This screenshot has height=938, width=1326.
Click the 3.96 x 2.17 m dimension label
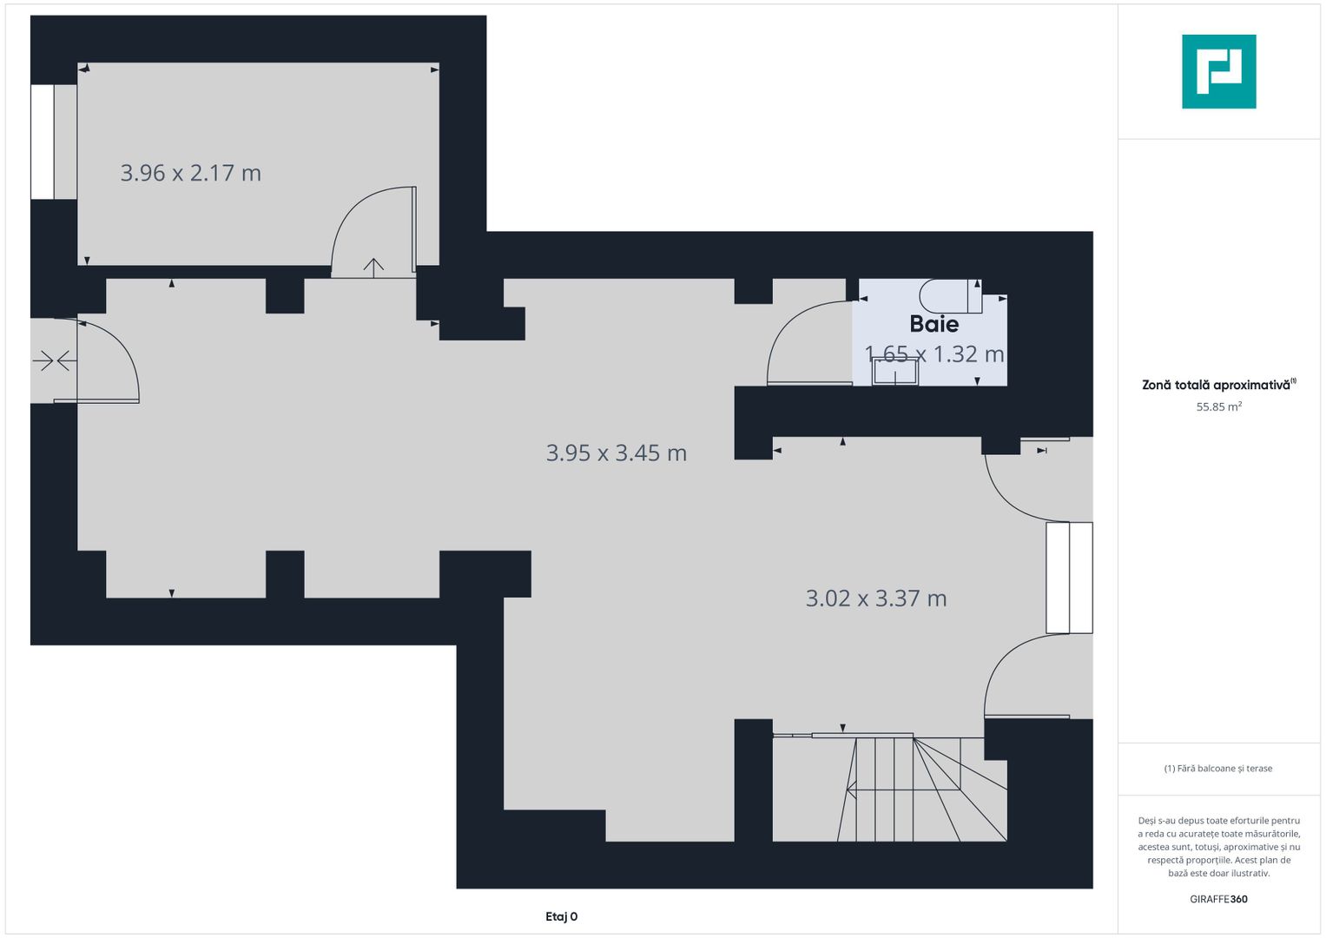pyautogui.click(x=191, y=173)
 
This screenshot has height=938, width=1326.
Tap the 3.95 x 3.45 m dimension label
pyautogui.click(x=617, y=453)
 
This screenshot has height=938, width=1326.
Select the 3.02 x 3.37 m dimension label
pyautogui.click(x=876, y=598)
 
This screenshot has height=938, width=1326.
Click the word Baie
pyautogui.click(x=934, y=324)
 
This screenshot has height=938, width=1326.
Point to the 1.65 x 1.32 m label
pyautogui.click(x=934, y=354)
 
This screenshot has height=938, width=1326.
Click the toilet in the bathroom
pyautogui.click(x=950, y=296)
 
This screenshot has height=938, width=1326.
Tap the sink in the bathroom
pyautogui.click(x=895, y=372)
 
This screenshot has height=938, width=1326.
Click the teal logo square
pyautogui.click(x=1219, y=71)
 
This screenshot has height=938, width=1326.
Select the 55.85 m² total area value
pyautogui.click(x=1219, y=406)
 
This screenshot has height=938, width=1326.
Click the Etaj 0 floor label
pyautogui.click(x=561, y=916)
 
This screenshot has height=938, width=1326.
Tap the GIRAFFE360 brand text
pyautogui.click(x=1219, y=899)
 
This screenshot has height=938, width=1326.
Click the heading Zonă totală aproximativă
pyautogui.click(x=1217, y=385)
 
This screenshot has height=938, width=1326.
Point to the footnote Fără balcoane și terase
pyautogui.click(x=1218, y=769)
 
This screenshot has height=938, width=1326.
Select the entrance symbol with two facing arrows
pyautogui.click(x=55, y=360)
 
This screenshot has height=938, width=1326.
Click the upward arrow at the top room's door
pyautogui.click(x=373, y=268)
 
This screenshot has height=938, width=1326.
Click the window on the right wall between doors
pyautogui.click(x=1069, y=578)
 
